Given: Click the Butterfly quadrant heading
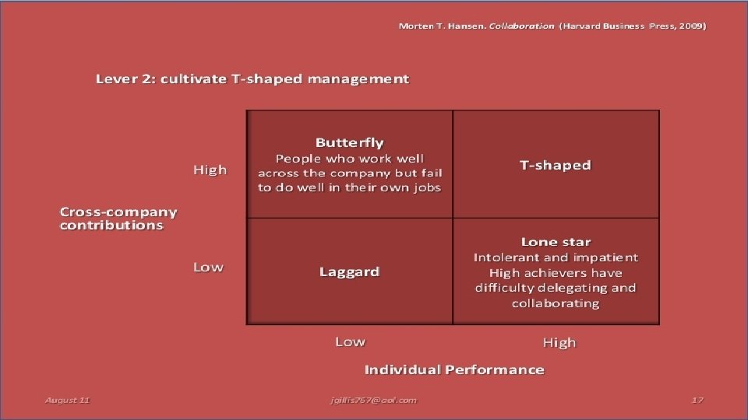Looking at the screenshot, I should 350,142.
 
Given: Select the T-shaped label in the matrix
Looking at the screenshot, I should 556,165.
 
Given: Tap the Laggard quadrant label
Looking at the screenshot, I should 350,271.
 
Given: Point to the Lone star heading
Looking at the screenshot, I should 556,242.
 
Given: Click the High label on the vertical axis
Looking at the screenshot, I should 210,170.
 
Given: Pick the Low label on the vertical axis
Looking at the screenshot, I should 208,267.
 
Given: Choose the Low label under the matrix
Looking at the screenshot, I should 350,341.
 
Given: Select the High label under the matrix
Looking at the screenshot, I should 559,342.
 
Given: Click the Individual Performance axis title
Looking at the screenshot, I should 454,369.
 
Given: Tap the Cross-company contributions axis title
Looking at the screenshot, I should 118,218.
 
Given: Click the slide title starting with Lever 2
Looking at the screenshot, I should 252,79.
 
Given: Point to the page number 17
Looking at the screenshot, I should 697,400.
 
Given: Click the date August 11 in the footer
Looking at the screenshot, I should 68,400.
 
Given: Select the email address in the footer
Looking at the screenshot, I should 373,400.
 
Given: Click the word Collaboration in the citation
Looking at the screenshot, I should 521,26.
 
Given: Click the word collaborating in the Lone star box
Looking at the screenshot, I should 556,303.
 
